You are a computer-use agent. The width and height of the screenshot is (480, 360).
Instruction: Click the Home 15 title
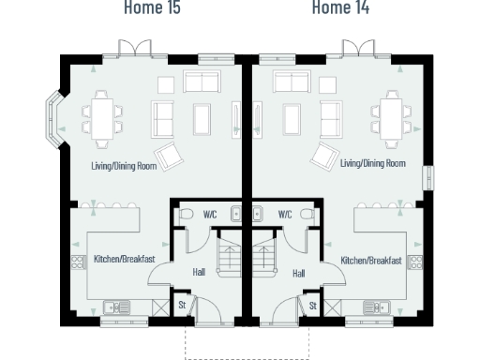click(x=152, y=8)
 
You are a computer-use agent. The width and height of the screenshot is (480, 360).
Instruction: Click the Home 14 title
click(x=339, y=8)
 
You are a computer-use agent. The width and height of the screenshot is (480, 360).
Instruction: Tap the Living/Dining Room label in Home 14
click(x=373, y=163)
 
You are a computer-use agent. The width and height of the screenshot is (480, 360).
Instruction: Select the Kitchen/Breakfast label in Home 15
click(x=124, y=260)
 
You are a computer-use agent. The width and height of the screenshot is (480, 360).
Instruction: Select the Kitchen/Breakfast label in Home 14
click(x=371, y=260)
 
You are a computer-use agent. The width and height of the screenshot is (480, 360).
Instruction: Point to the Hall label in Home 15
click(x=199, y=273)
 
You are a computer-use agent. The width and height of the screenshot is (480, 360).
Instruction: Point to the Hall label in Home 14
click(x=298, y=273)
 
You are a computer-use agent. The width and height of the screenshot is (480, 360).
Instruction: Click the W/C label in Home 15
click(x=210, y=215)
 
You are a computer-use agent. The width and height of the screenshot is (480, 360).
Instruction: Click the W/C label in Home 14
click(x=284, y=215)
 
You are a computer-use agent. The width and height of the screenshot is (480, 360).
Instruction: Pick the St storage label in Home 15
click(x=182, y=306)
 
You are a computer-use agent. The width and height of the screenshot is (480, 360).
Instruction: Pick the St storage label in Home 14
click(x=312, y=306)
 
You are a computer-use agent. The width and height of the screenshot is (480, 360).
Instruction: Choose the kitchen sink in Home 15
click(x=117, y=306)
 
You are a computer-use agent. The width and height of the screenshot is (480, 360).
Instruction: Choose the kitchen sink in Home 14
click(x=377, y=306)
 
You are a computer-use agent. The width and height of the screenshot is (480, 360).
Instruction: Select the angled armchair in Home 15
click(x=171, y=157)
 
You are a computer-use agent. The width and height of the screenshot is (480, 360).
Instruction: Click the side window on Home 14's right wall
click(x=429, y=178)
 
